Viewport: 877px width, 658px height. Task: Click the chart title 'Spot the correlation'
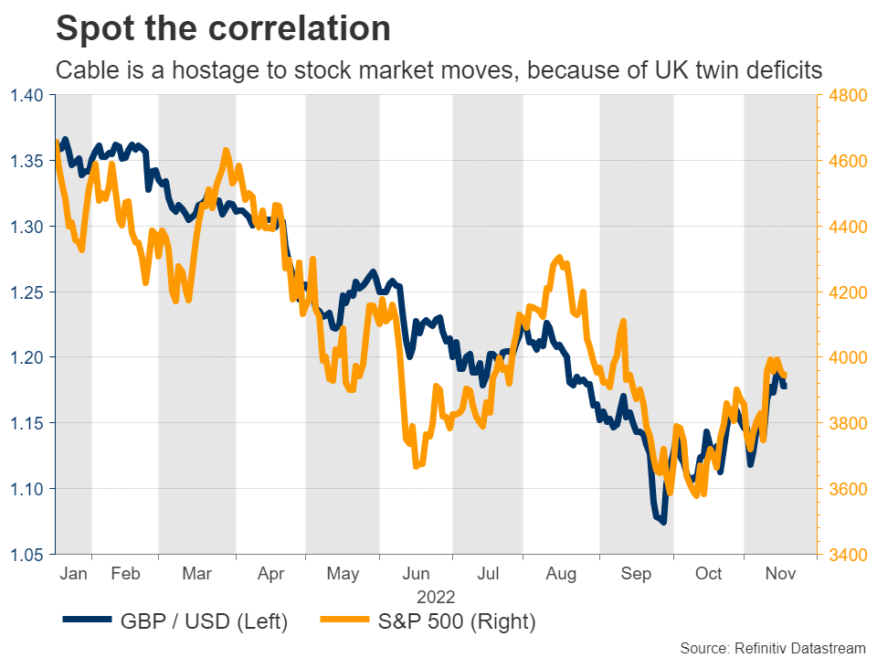click(223, 28)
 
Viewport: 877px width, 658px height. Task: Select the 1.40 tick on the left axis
click(28, 95)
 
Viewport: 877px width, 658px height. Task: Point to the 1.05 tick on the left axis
click(28, 555)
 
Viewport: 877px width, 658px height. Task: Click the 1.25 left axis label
click(28, 292)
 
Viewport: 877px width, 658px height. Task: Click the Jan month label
click(73, 574)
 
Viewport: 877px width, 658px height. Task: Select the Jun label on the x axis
click(416, 574)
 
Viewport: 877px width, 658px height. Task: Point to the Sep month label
click(636, 574)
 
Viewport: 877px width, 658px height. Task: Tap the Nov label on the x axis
click(778, 574)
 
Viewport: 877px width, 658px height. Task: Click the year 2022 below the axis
click(436, 596)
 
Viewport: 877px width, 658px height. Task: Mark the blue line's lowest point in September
click(662, 522)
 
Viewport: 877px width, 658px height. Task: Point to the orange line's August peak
click(559, 259)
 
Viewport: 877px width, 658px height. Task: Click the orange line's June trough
click(417, 466)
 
